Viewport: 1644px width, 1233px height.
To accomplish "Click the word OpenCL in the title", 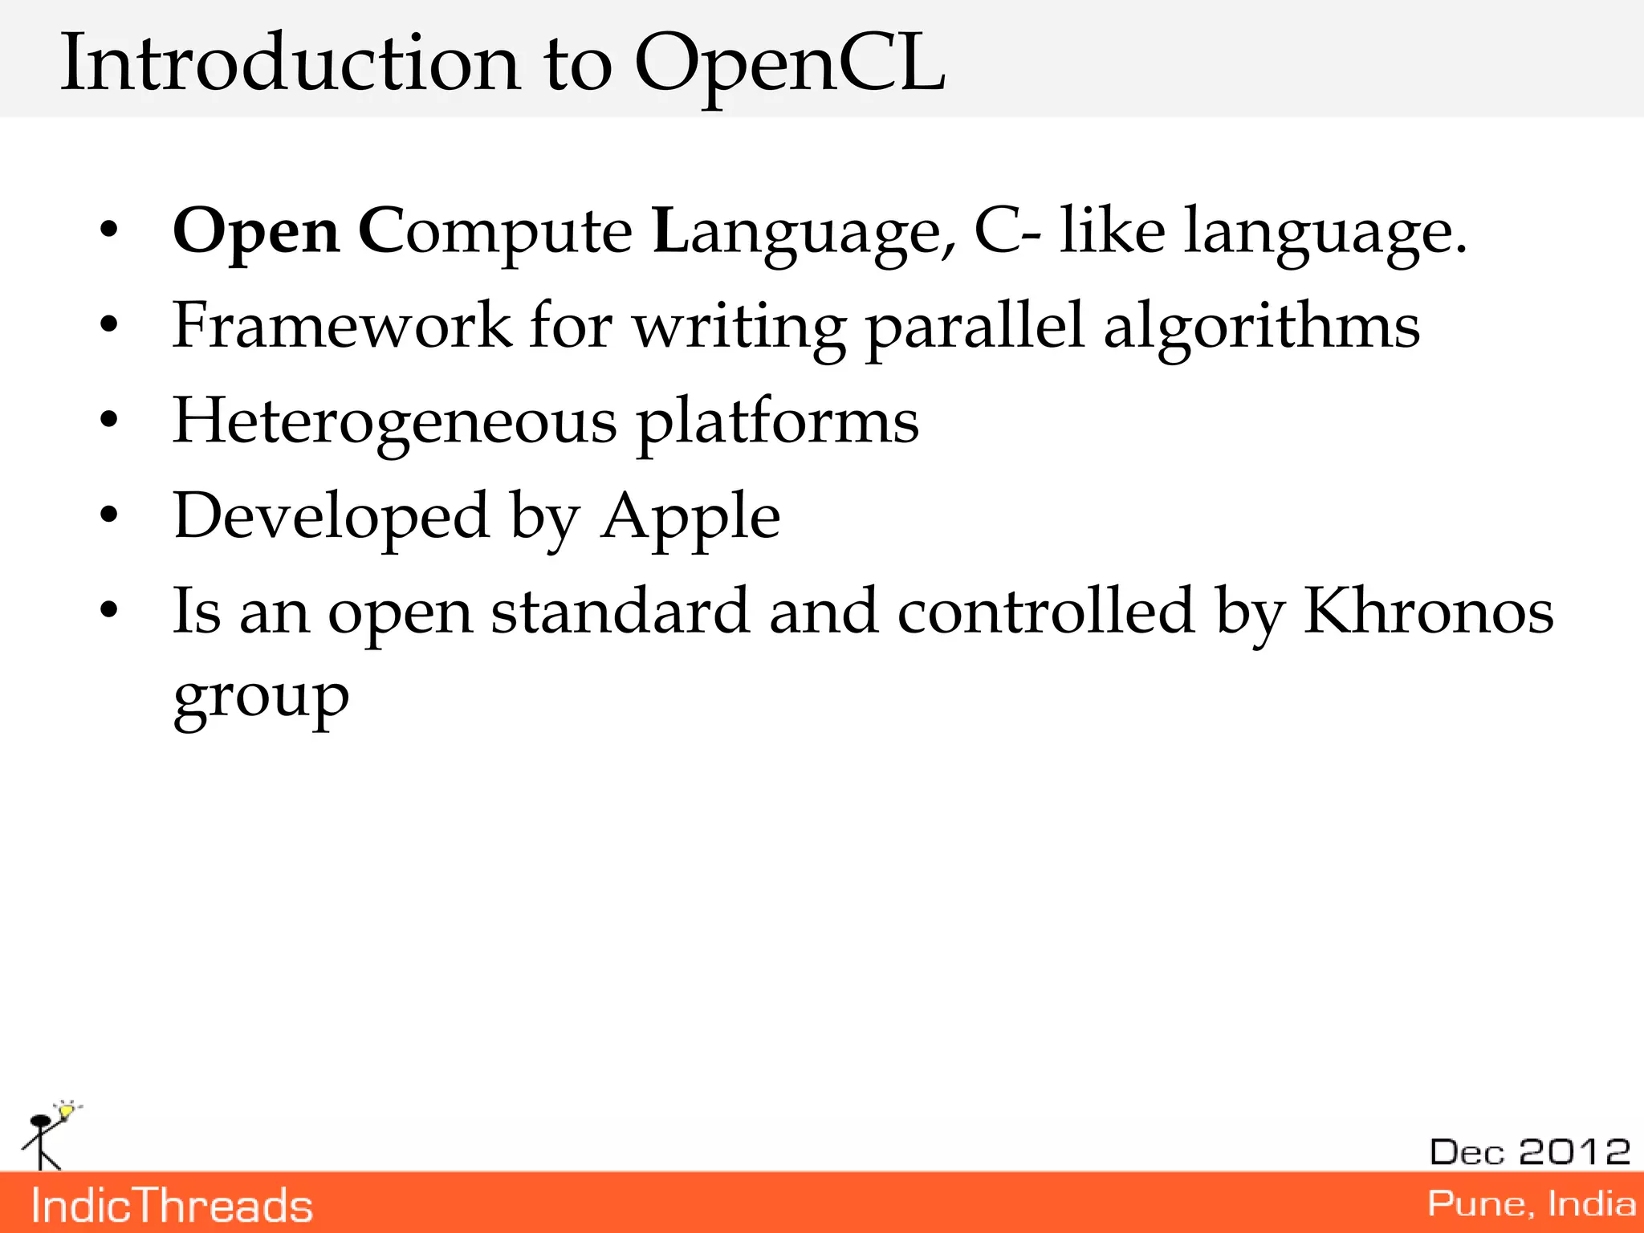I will [790, 64].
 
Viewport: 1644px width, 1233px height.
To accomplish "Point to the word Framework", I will [342, 326].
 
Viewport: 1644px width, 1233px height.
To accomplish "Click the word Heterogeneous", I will [394, 422].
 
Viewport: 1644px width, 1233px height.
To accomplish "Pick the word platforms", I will [778, 422].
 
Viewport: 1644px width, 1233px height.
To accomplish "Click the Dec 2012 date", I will [1530, 1152].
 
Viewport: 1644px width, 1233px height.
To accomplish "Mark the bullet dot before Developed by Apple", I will [109, 516].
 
